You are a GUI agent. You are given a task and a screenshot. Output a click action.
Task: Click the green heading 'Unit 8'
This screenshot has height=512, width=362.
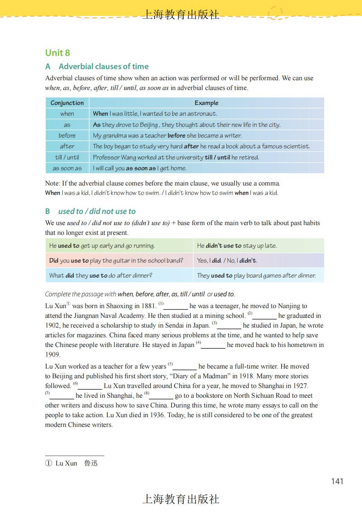(58, 53)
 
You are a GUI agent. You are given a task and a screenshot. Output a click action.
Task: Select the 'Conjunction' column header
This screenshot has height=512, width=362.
(67, 103)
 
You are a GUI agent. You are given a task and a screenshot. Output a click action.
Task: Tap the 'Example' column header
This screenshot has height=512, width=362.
(206, 103)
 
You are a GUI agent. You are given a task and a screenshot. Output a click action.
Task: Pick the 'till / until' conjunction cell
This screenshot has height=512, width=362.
(67, 157)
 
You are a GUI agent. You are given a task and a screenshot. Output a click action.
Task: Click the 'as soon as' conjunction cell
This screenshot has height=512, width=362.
(67, 168)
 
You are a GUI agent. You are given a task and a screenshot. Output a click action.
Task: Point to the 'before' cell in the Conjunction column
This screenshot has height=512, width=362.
(67, 135)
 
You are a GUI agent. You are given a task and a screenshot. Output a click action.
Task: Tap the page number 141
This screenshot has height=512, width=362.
(337, 481)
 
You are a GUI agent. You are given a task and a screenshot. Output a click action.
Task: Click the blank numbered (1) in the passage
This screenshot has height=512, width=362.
(176, 307)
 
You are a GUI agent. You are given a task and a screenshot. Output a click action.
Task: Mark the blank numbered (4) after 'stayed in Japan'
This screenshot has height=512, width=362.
(213, 346)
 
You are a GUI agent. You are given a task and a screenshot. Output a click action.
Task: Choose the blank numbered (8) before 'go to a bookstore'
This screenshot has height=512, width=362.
(161, 396)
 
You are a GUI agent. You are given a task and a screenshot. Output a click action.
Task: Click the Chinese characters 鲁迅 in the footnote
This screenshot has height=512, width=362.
(91, 463)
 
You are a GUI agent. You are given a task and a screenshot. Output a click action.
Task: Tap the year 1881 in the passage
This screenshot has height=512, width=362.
(149, 306)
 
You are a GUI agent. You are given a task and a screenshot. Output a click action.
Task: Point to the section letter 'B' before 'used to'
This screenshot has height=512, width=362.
(48, 211)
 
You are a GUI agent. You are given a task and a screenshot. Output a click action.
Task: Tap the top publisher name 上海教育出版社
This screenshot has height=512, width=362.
(181, 15)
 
